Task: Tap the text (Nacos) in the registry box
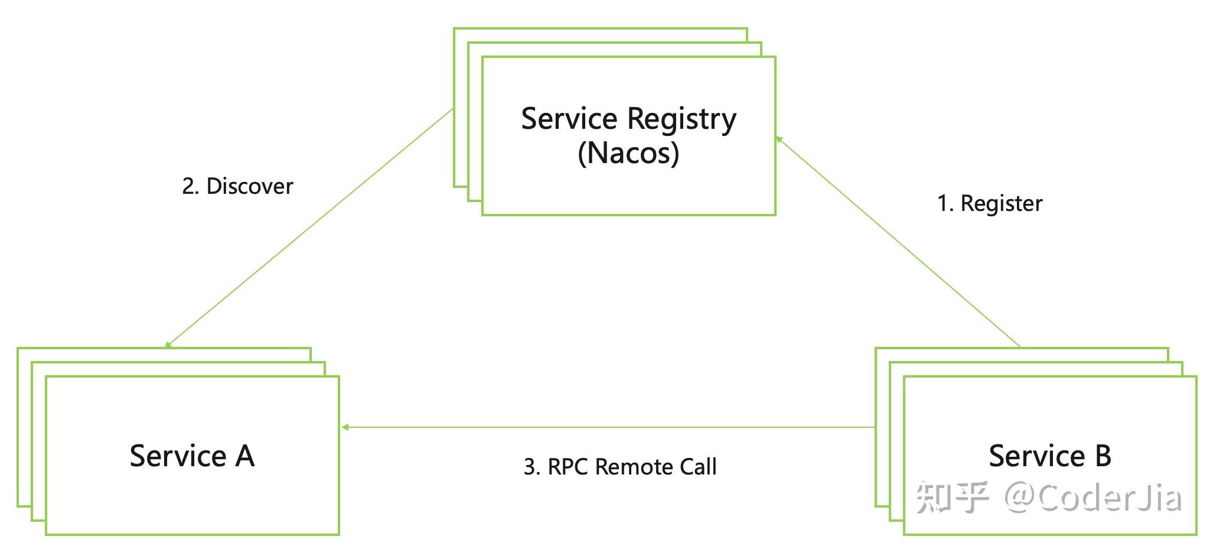pos(628,153)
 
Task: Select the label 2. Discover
pos(237,186)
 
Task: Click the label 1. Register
pos(990,203)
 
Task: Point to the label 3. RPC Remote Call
pos(619,467)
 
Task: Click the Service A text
pos(192,456)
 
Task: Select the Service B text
pos(1050,456)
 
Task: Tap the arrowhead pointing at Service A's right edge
pos(345,427)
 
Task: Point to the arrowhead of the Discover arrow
pos(168,344)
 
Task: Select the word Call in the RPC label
pos(698,467)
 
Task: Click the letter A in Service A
pos(244,456)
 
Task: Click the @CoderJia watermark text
pos(1093,498)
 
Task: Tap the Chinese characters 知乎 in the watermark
pos(952,498)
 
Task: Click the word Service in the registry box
pos(569,119)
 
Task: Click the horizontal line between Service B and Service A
pos(608,427)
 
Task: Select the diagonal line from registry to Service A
pos(310,227)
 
